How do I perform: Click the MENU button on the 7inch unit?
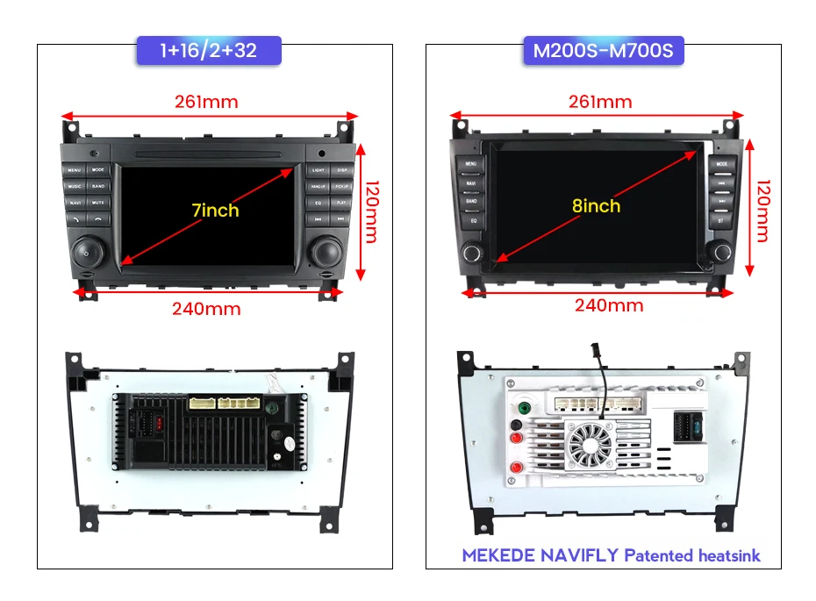(74, 169)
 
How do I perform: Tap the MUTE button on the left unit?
(98, 203)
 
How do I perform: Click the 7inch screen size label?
(215, 211)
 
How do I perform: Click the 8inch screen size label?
(596, 206)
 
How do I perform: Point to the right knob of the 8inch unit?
(723, 252)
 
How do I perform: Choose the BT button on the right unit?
(722, 221)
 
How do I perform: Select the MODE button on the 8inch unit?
(722, 164)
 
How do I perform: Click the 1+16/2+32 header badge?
(209, 50)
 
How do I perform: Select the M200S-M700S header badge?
(604, 50)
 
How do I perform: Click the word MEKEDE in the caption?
(497, 555)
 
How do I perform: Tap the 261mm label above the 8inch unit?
(600, 102)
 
